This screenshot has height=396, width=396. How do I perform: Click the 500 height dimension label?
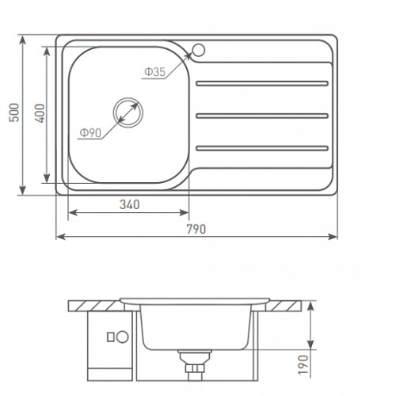click(x=14, y=112)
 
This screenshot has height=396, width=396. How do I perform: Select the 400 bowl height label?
click(x=40, y=113)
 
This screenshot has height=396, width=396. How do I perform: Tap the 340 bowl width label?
click(x=130, y=204)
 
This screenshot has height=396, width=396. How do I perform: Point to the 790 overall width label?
click(x=196, y=229)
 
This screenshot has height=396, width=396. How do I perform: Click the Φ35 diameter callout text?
click(x=155, y=71)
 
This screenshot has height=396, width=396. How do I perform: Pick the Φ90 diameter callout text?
click(x=90, y=133)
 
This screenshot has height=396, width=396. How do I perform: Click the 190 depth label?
click(x=303, y=364)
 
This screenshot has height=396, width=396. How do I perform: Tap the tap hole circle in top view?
click(x=199, y=50)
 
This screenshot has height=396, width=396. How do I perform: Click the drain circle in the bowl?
click(x=128, y=112)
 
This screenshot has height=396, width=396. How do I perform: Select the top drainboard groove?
click(x=262, y=83)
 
